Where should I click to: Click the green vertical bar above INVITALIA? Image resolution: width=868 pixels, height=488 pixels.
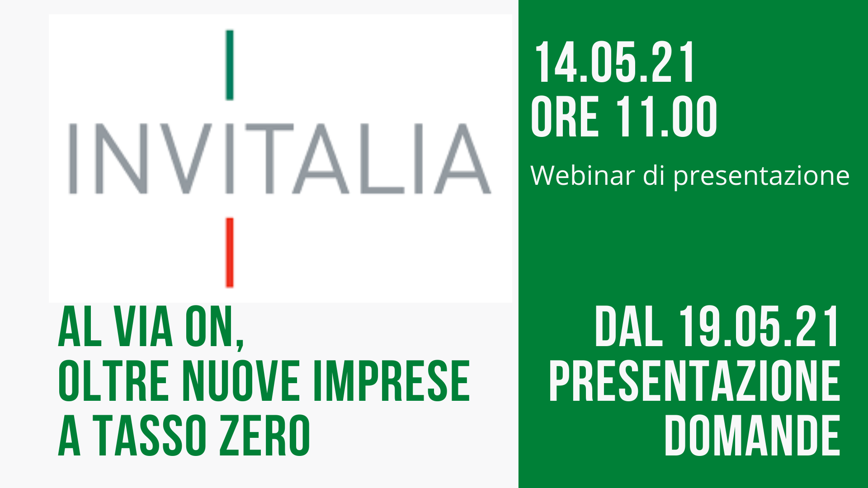coord(230,65)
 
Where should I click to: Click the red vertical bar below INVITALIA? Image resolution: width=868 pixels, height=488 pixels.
coord(230,253)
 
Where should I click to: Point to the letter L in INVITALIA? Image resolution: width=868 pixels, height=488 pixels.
coord(381,159)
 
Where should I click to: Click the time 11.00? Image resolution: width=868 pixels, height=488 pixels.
coord(666,117)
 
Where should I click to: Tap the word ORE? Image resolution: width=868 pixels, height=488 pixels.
coord(565,117)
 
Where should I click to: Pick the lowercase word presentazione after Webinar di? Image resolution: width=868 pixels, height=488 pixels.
coord(761,176)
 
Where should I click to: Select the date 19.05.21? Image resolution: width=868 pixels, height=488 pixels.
coord(759,327)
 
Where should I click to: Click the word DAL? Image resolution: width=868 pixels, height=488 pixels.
coord(629,327)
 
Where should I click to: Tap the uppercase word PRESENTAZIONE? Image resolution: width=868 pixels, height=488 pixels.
coord(694,381)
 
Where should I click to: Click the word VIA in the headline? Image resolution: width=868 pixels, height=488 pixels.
coord(143,327)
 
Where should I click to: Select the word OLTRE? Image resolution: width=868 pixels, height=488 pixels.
coord(113,381)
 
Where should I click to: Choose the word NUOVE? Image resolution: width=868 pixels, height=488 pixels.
coord(242,381)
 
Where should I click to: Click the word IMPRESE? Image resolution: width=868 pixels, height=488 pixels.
coord(392,381)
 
